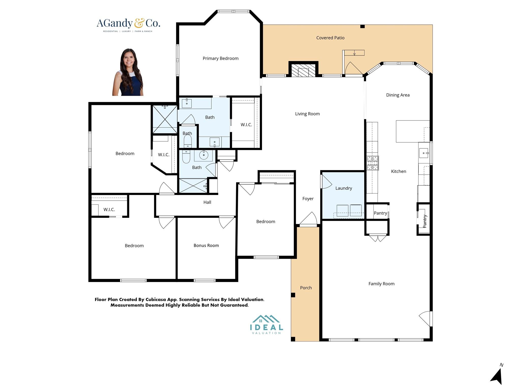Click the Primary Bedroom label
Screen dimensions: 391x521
coord(220,58)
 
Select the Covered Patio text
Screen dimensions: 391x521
coord(330,38)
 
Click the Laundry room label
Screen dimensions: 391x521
coord(343,188)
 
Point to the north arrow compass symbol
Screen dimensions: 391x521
coord(497,375)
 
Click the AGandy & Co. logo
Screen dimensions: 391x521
coord(128,25)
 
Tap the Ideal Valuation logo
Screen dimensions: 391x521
coord(266,325)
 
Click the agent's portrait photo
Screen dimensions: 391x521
coord(128,73)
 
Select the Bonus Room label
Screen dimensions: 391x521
coord(206,245)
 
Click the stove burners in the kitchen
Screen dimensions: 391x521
coord(372,163)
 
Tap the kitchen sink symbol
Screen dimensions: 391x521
coord(424,153)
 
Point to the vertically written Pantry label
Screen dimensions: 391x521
coord(425,221)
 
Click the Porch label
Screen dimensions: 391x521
coord(306,288)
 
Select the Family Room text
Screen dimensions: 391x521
coord(381,284)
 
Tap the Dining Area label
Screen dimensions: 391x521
coord(398,95)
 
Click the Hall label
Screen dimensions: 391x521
coord(207,202)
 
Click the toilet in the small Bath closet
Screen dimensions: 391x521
coord(187,141)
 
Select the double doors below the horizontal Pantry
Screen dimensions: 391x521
coord(378,238)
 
